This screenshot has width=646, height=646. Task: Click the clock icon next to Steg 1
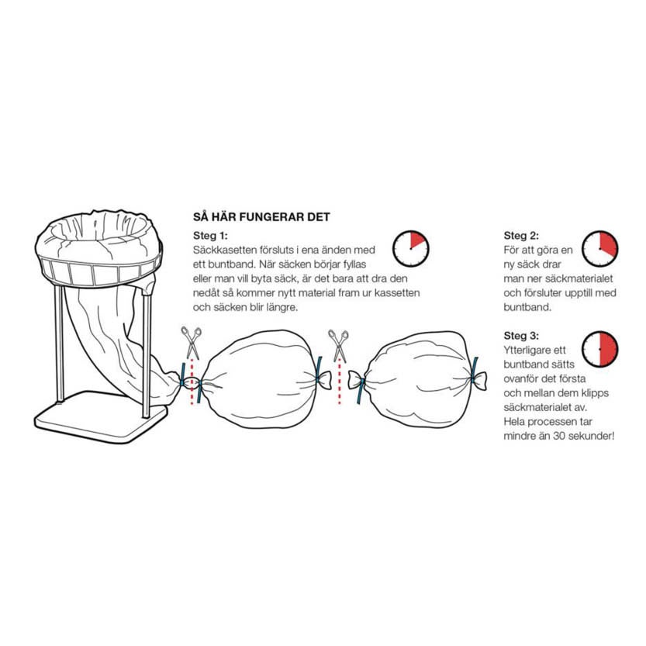click(410, 247)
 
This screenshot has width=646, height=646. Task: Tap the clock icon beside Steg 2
click(600, 247)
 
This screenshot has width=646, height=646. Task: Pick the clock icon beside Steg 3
click(600, 349)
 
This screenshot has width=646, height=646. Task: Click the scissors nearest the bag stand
click(190, 343)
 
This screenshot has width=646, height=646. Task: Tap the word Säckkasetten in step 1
click(223, 250)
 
